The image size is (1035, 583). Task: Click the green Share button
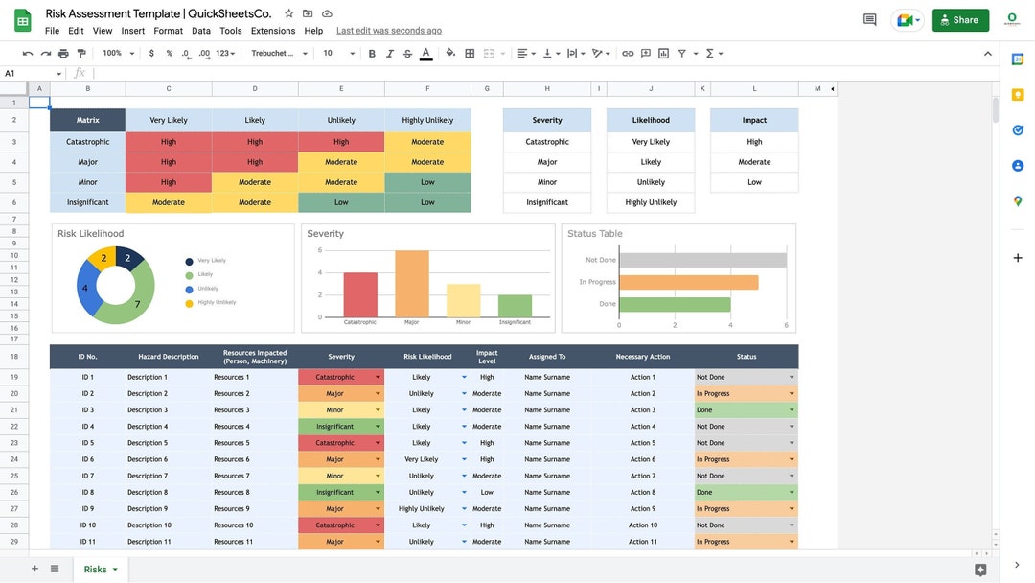point(959,19)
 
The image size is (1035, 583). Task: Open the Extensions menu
point(273,31)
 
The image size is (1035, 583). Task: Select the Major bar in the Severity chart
point(412,284)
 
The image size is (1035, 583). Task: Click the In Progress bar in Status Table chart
point(688,282)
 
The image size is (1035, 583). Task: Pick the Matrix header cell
point(87,120)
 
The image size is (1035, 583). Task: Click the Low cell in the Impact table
point(754,182)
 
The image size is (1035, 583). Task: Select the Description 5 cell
point(147,443)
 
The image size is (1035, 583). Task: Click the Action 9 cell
point(643,509)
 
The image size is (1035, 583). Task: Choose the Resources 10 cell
point(234,525)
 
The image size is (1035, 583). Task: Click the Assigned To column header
point(547,357)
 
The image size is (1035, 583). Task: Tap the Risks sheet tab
point(96,570)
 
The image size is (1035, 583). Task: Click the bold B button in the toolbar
point(372,54)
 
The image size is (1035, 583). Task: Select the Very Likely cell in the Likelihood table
point(651,142)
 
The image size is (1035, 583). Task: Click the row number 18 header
point(14,357)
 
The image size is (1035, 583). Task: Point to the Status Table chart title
point(594,234)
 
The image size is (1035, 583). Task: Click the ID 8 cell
point(87,493)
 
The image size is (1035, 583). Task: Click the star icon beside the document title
point(289,13)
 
